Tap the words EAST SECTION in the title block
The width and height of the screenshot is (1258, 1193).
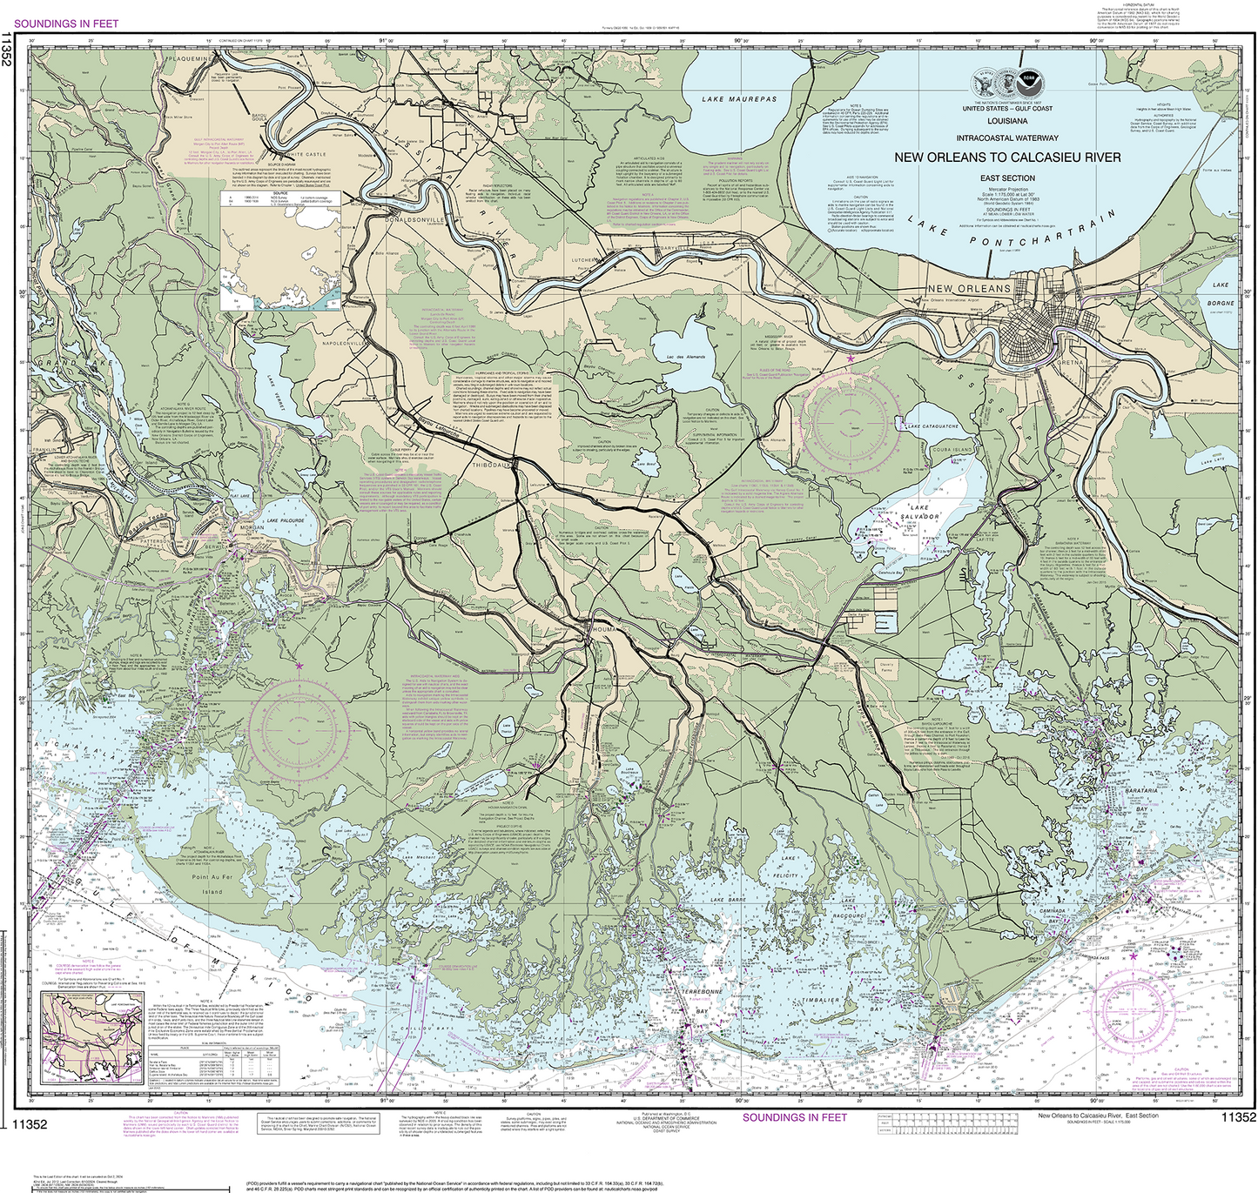point(1007,178)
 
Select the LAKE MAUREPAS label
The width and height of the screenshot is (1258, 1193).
point(739,100)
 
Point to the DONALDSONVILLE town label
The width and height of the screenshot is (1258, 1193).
point(415,220)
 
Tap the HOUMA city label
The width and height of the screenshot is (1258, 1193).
point(602,627)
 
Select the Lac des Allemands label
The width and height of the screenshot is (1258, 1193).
point(685,358)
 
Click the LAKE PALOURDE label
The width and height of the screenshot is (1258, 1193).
point(286,520)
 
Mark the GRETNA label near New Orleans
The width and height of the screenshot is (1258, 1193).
point(1070,362)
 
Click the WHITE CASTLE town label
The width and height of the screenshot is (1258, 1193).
point(306,154)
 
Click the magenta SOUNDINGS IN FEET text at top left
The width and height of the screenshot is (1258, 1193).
point(66,23)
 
